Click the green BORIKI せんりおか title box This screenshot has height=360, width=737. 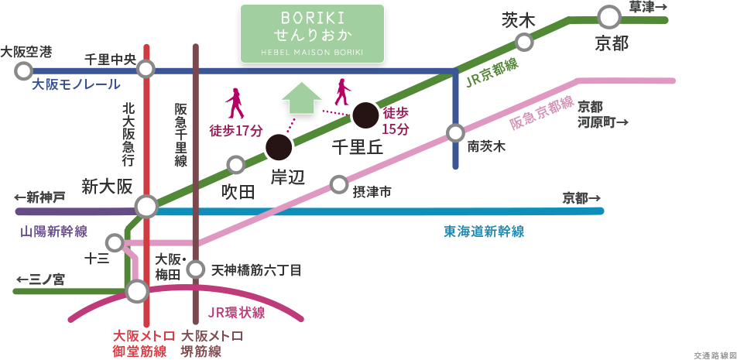pyautogui.click(x=312, y=33)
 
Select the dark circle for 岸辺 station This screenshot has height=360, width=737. pyautogui.click(x=279, y=146)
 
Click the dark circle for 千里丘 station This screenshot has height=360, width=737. pyautogui.click(x=365, y=115)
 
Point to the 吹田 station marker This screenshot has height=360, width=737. pyautogui.click(x=236, y=164)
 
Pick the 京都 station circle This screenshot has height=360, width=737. pyautogui.click(x=610, y=17)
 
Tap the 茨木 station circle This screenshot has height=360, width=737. pyautogui.click(x=525, y=42)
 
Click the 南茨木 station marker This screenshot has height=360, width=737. pyautogui.click(x=455, y=132)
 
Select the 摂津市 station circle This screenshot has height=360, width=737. pyautogui.click(x=338, y=184)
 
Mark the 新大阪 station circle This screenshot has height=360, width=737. pyautogui.click(x=146, y=207)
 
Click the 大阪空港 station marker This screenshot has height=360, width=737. pyautogui.click(x=22, y=71)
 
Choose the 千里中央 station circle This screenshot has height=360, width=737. pyautogui.click(x=146, y=70)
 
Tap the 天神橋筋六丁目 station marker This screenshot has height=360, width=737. pyautogui.click(x=196, y=269)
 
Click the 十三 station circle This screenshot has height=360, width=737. pyautogui.click(x=115, y=243)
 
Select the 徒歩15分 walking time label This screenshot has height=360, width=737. pyautogui.click(x=396, y=121)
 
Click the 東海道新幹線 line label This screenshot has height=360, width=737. pyautogui.click(x=483, y=231)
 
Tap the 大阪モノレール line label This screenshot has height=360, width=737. pyautogui.click(x=76, y=85)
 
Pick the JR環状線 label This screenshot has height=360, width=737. pyautogui.click(x=237, y=313)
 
